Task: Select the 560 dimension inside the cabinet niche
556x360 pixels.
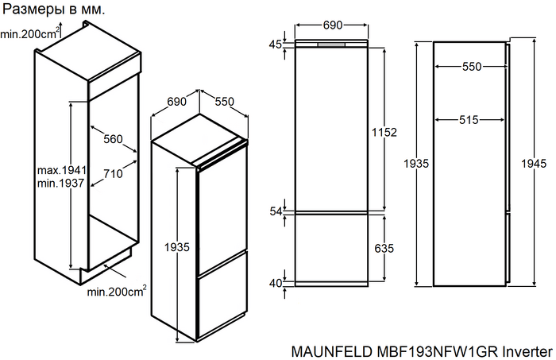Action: [113, 139]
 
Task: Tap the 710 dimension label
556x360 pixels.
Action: [113, 174]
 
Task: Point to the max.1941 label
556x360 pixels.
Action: [61, 170]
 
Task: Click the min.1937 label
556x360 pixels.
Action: [61, 184]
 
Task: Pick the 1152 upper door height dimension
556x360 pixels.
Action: [383, 131]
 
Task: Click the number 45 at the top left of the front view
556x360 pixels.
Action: [275, 45]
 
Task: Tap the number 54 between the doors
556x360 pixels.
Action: [276, 211]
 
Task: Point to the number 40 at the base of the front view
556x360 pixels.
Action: [275, 283]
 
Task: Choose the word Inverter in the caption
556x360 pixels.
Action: [525, 350]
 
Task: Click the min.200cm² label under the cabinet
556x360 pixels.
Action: [117, 292]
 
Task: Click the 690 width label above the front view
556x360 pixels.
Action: [332, 25]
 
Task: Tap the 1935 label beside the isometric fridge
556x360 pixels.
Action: [176, 248]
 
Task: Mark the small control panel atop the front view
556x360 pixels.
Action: [332, 45]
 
